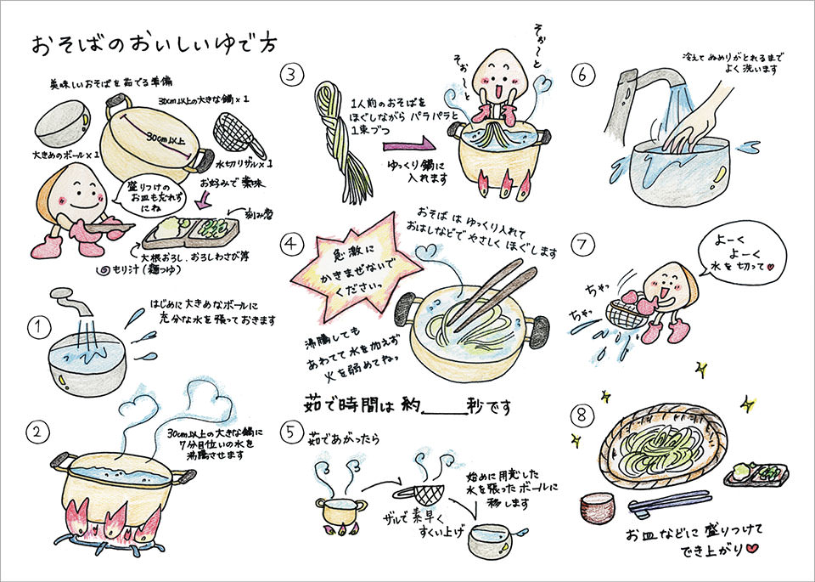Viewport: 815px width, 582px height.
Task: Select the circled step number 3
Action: pyautogui.click(x=293, y=75)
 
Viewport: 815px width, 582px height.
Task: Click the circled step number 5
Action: pyautogui.click(x=292, y=433)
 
